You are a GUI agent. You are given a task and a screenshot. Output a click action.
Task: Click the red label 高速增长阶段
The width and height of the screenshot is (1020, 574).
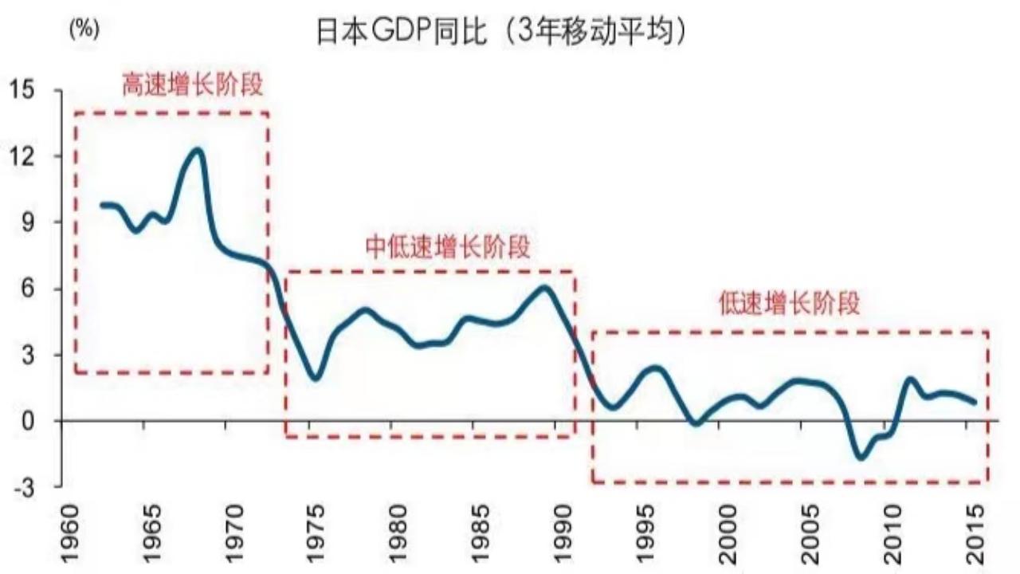coord(192,85)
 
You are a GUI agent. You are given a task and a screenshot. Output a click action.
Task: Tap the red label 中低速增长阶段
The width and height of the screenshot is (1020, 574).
coord(448,246)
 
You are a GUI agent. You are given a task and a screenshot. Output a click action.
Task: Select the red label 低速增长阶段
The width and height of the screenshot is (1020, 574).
coord(790,304)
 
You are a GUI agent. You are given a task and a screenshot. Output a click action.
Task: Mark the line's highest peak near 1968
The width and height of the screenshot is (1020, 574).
coord(197,150)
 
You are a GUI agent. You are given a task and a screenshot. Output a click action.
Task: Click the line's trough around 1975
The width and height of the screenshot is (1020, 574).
coord(316,378)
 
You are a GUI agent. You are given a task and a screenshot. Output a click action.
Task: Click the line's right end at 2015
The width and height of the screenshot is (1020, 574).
coord(974,402)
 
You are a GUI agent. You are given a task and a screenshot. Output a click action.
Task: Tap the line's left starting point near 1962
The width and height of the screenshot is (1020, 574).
coord(102,205)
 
